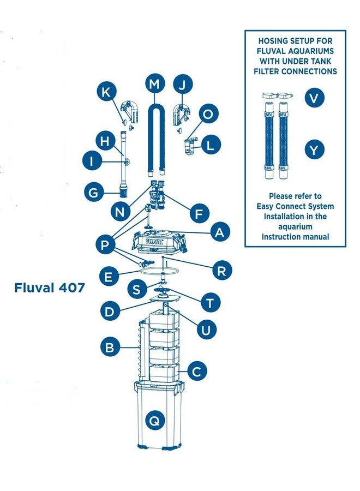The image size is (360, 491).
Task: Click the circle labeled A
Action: [x=219, y=232]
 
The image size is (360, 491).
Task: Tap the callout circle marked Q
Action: [x=154, y=420]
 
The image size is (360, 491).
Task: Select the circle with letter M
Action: [x=155, y=85]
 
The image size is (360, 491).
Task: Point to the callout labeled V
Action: [x=314, y=98]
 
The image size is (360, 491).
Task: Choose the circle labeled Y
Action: [x=314, y=149]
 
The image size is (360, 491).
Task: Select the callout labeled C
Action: [x=197, y=372]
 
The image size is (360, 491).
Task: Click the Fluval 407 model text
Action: [x=50, y=288]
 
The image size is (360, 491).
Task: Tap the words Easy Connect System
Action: [x=295, y=206]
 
